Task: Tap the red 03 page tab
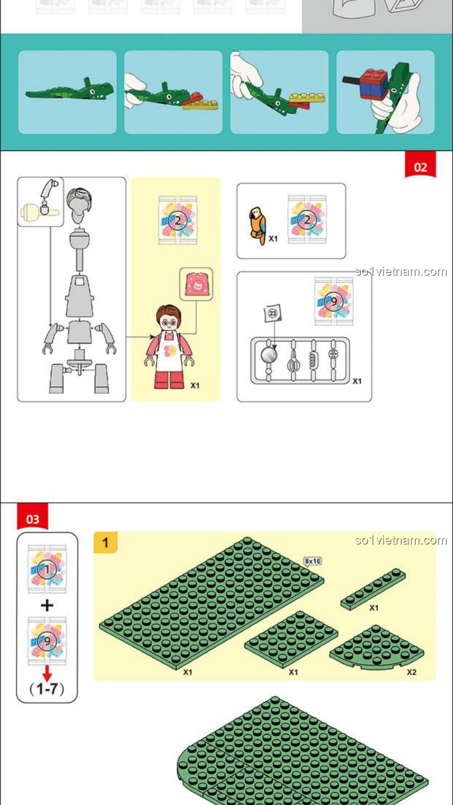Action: click(32, 517)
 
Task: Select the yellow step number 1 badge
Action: click(105, 543)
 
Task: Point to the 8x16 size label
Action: click(312, 561)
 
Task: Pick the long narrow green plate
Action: click(373, 589)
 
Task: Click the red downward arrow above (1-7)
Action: click(47, 673)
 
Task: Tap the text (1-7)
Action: click(47, 689)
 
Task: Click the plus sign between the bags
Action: click(47, 605)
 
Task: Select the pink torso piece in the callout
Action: click(196, 284)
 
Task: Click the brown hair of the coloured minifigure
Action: click(169, 314)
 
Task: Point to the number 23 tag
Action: click(273, 313)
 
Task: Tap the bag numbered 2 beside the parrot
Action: click(307, 219)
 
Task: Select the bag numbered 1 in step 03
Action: click(47, 569)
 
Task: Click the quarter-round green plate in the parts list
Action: click(377, 647)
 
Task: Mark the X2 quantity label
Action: click(411, 672)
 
